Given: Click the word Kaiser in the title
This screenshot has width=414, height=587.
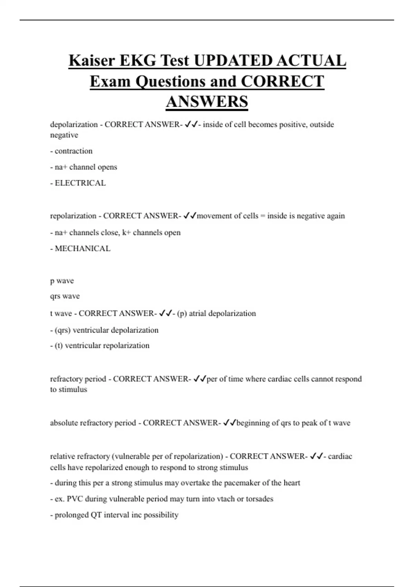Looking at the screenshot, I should [x=92, y=61].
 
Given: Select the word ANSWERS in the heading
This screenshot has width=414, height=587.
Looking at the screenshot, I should [x=207, y=102].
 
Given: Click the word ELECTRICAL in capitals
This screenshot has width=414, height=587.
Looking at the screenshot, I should [x=80, y=183].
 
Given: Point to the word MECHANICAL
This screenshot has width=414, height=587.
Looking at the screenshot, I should [x=83, y=249].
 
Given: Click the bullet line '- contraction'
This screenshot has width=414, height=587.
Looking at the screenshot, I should [x=71, y=151].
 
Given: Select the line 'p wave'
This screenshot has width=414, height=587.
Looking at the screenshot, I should [x=62, y=281].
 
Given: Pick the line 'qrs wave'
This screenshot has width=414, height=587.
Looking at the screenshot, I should [x=65, y=296].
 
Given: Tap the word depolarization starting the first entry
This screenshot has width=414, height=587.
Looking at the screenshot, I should [x=74, y=124].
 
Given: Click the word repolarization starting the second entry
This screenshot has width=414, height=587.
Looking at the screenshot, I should [x=73, y=216].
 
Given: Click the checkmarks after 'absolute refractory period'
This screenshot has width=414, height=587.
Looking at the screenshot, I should [x=229, y=423].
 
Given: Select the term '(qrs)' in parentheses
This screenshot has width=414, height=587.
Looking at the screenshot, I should [x=63, y=330].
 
